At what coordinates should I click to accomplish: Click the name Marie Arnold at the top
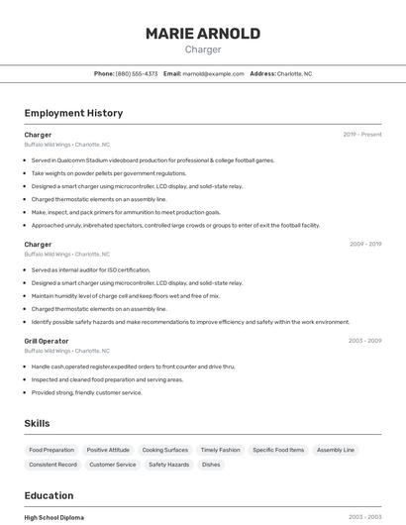click(203, 34)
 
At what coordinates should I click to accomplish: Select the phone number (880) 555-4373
click(137, 73)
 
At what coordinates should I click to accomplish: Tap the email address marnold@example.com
click(214, 73)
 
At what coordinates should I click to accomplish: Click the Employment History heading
click(73, 113)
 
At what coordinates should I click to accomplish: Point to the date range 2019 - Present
click(362, 135)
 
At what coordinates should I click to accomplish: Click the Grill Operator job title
click(46, 341)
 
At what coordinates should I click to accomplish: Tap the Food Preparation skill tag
click(51, 450)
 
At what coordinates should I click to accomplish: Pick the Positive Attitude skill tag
click(108, 450)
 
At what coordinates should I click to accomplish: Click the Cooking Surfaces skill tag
click(164, 450)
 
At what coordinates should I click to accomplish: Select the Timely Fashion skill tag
click(220, 450)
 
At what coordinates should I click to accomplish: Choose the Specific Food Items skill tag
click(278, 450)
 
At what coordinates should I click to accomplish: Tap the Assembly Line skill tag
click(336, 450)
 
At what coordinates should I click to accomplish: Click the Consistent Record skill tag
click(52, 465)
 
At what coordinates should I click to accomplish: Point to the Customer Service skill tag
click(113, 465)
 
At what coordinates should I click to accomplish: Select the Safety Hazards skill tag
click(168, 465)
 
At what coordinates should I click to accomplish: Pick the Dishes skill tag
click(211, 465)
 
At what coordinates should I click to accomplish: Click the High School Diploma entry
click(54, 517)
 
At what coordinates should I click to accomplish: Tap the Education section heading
click(49, 495)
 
